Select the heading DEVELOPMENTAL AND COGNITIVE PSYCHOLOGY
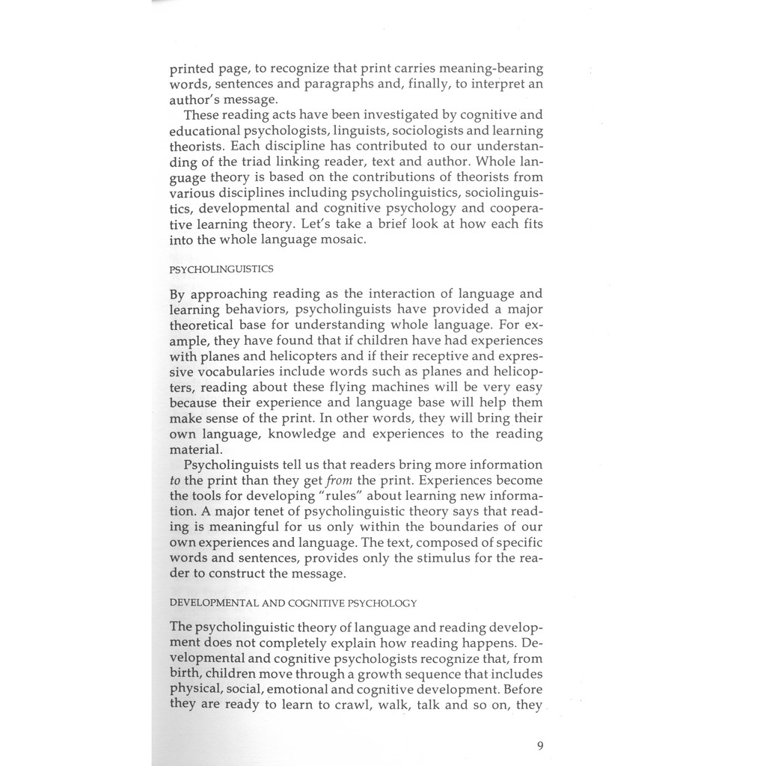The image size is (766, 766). pyautogui.click(x=293, y=602)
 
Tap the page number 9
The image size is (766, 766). pyautogui.click(x=539, y=744)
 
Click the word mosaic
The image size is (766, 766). pyautogui.click(x=339, y=239)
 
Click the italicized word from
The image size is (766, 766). pyautogui.click(x=340, y=480)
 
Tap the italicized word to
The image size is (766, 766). pyautogui.click(x=176, y=480)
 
